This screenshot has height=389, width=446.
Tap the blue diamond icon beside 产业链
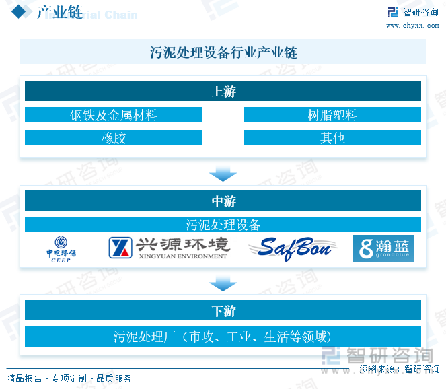tap(20, 12)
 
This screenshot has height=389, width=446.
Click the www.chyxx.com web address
tap(412, 25)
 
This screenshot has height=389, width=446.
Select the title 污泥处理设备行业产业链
tap(223, 52)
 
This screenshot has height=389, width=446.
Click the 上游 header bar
tap(223, 92)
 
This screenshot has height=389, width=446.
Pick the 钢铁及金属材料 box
tap(114, 115)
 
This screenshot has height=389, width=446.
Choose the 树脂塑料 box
tap(332, 115)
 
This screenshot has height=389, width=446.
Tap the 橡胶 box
tap(114, 138)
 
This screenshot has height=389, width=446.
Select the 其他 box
tap(332, 138)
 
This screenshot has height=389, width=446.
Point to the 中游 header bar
tap(223, 201)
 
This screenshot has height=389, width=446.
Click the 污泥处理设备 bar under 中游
tap(223, 224)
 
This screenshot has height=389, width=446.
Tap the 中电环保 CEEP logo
tap(61, 249)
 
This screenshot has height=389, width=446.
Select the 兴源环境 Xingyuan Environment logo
tap(169, 248)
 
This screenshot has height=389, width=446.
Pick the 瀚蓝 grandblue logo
tap(383, 248)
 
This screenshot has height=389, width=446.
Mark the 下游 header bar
tap(223, 311)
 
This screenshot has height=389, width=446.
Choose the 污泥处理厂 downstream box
tap(223, 336)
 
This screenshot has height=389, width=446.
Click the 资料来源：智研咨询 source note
tap(399, 369)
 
